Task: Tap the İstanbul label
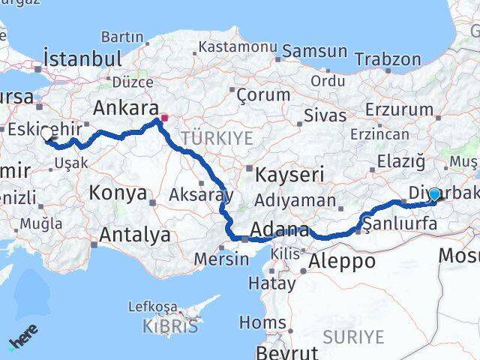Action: (x=82, y=59)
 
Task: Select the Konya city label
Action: (x=118, y=193)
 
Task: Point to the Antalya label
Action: (x=134, y=235)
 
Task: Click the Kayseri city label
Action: (x=288, y=175)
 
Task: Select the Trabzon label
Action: (x=387, y=58)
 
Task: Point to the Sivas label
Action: (x=325, y=115)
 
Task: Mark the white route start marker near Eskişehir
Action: (x=47, y=134)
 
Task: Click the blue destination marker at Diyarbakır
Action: (x=434, y=194)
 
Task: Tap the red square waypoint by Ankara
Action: (x=165, y=118)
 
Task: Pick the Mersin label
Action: (x=221, y=259)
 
